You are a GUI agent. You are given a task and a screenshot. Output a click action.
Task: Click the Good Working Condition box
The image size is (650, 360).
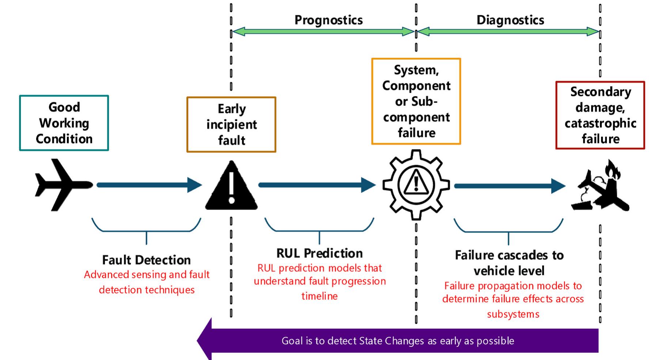(x=64, y=123)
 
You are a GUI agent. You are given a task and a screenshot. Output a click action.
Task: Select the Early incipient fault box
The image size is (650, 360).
(x=231, y=125)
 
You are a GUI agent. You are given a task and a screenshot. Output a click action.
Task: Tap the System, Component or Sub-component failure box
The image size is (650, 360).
(x=416, y=101)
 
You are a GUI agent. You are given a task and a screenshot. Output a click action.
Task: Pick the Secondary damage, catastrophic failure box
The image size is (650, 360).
(x=600, y=115)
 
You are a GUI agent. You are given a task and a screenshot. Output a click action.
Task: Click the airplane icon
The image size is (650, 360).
(x=63, y=185)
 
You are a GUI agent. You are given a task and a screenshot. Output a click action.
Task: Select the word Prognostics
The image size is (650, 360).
(x=328, y=20)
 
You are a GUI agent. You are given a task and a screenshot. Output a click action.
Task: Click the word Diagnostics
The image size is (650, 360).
(x=510, y=20)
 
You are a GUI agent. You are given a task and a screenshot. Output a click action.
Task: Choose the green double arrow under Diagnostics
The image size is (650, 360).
(x=508, y=32)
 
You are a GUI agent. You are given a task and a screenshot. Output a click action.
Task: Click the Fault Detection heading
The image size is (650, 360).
(x=146, y=260)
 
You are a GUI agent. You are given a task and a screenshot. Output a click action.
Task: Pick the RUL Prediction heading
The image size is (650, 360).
(x=319, y=253)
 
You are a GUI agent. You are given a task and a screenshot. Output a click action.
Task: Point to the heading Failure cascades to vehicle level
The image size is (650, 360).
(x=509, y=263)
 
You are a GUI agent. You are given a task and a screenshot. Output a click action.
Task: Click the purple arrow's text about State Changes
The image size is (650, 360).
(x=398, y=341)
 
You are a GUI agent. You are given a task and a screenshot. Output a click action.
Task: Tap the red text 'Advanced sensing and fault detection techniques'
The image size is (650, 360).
(x=147, y=282)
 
